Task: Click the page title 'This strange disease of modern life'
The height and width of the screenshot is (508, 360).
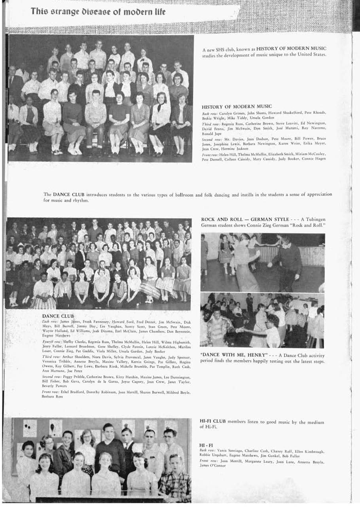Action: point(98,11)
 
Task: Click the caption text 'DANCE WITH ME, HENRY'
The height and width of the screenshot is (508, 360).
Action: point(229,355)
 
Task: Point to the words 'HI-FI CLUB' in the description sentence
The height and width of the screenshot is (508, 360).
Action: point(213,422)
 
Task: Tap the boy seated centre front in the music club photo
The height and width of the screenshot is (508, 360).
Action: point(96,119)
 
